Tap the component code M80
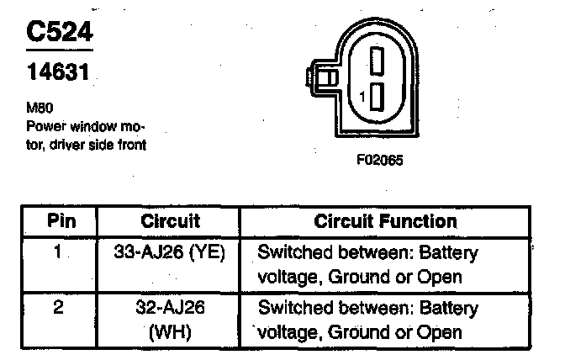(x=39, y=109)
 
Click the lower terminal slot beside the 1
(x=377, y=96)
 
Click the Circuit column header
(x=170, y=222)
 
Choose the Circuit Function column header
(x=386, y=222)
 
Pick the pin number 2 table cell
(x=58, y=308)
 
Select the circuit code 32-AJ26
(x=172, y=308)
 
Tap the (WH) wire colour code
(x=172, y=332)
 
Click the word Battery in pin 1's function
(x=449, y=252)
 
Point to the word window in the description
(x=85, y=127)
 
